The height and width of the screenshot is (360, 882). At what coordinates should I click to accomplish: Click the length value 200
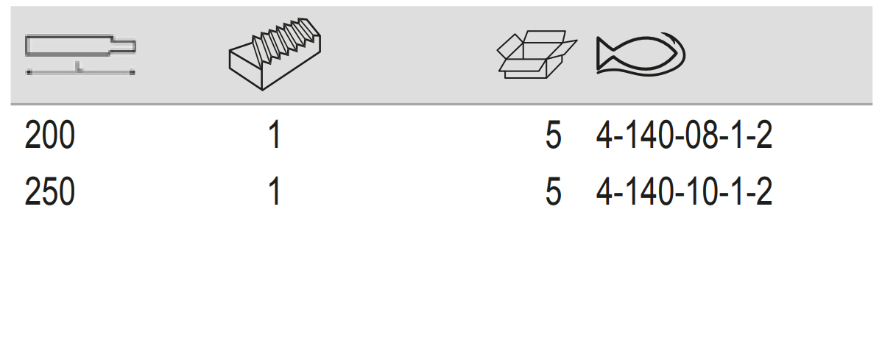pyautogui.click(x=49, y=137)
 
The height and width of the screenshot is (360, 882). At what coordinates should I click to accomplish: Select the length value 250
pyautogui.click(x=49, y=193)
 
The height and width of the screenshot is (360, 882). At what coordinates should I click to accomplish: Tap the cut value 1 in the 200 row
pyautogui.click(x=274, y=137)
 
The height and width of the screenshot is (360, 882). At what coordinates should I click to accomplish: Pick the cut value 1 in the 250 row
pyautogui.click(x=274, y=193)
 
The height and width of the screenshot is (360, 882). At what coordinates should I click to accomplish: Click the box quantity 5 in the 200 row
pyautogui.click(x=553, y=137)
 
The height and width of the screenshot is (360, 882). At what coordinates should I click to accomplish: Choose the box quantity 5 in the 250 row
pyautogui.click(x=553, y=193)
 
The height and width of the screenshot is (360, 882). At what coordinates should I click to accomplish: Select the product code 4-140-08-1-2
pyautogui.click(x=684, y=137)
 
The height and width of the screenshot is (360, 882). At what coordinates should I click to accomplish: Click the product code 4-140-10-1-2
pyautogui.click(x=684, y=193)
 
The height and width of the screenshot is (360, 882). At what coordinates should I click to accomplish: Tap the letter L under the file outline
pyautogui.click(x=78, y=68)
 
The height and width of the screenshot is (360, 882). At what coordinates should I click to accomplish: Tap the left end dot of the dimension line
pyautogui.click(x=28, y=72)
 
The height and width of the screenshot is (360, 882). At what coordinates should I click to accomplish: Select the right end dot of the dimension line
pyautogui.click(x=133, y=72)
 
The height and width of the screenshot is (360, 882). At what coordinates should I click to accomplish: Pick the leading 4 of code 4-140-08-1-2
pyautogui.click(x=604, y=137)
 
